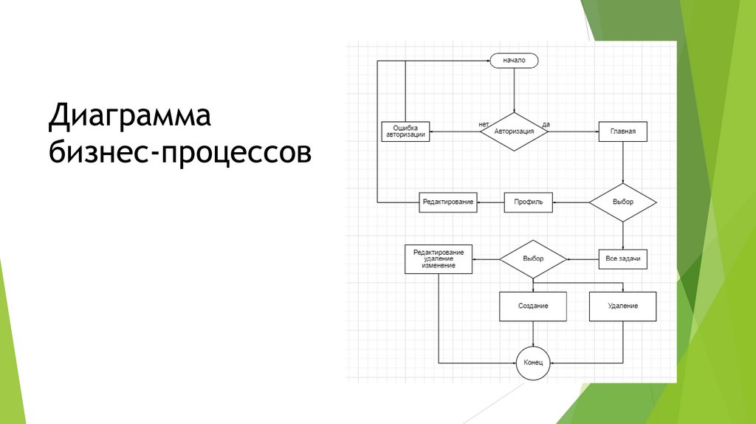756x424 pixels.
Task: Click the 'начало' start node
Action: coord(514,61)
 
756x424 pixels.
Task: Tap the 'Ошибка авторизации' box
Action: coord(405,131)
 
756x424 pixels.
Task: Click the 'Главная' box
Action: coord(622,131)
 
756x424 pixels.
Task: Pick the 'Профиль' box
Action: coord(528,202)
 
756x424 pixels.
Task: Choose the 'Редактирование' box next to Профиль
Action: coord(447,202)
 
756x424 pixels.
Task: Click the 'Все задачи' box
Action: coord(622,259)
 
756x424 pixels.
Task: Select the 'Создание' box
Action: coord(532,306)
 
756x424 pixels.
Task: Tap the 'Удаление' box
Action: coord(622,306)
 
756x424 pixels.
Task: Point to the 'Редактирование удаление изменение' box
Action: coord(439,259)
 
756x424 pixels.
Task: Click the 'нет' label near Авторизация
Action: coord(484,123)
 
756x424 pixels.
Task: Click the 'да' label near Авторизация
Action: coord(546,123)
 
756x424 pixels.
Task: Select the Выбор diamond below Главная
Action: coord(622,201)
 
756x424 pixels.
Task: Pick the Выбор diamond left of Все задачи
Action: coord(532,259)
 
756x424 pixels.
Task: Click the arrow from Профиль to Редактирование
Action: coord(490,202)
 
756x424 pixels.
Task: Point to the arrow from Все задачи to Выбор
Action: coord(582,259)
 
